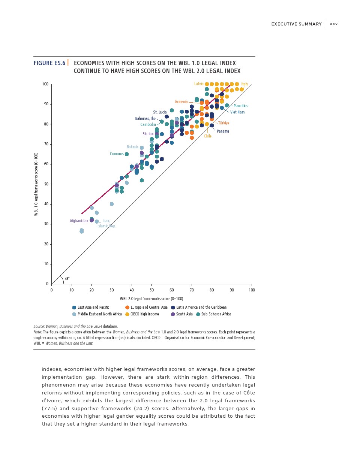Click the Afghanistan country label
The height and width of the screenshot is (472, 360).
pos(79,221)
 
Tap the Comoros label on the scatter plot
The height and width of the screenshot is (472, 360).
pos(117,154)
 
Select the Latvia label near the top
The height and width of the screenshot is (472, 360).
pos(199,84)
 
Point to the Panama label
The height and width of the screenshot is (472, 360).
pos(223,131)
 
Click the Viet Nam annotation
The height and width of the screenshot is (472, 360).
pos(237,112)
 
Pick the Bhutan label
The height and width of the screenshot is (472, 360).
pos(148,134)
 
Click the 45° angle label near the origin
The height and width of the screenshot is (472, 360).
pos(67,279)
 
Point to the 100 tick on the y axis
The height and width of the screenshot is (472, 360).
pos(45,84)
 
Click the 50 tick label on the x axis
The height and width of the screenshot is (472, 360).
pos(151,290)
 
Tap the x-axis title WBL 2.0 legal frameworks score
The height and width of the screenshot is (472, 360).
pos(151,299)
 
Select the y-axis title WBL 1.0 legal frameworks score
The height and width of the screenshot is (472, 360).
pos(36,184)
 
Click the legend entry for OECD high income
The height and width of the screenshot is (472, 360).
pos(144,314)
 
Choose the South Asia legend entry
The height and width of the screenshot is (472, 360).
pos(184,314)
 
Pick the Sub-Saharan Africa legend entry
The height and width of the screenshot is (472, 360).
pos(216,314)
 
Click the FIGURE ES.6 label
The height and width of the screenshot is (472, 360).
pos(49,63)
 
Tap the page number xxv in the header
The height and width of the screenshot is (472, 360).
pos(334,24)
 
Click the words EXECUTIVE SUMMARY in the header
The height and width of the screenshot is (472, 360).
pos(296,24)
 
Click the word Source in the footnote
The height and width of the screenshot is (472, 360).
pos(39,327)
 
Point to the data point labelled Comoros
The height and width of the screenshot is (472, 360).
pos(127,154)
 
